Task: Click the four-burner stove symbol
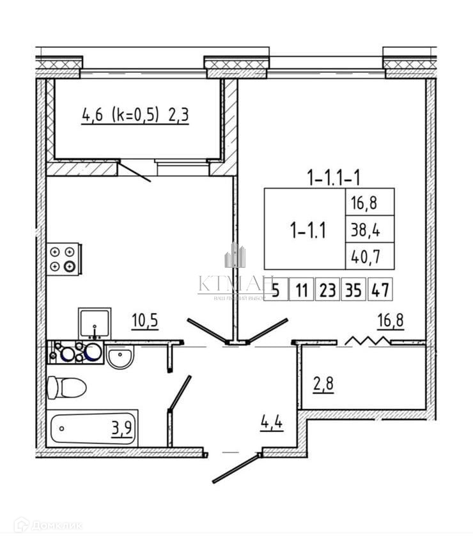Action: coord(65,259)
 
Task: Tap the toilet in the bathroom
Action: coord(66,387)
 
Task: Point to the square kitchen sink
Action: coord(95,323)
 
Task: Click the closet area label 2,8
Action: coord(323,385)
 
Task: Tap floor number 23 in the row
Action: coord(327,291)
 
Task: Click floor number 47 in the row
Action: coord(381,291)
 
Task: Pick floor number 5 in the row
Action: coord(275,291)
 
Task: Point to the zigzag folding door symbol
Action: coord(366,341)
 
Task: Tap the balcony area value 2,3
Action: coord(180,116)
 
